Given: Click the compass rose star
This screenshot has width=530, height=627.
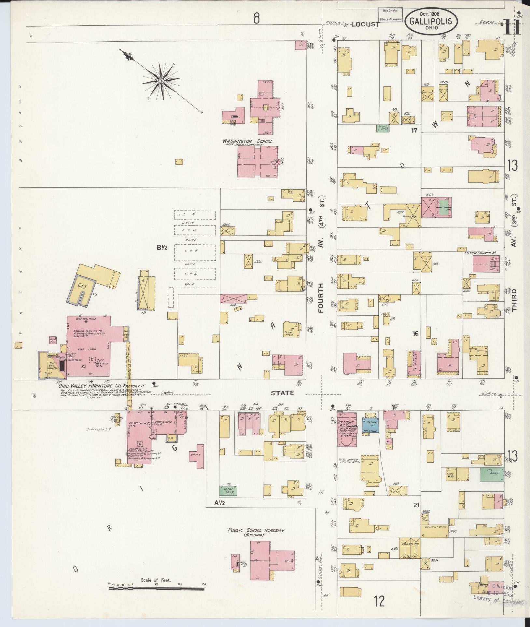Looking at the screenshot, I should pyautogui.click(x=161, y=80).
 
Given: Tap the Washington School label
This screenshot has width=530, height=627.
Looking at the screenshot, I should pyautogui.click(x=247, y=141).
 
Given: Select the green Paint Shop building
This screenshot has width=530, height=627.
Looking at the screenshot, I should pyautogui.click(x=383, y=128).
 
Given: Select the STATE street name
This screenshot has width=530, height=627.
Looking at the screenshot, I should pyautogui.click(x=283, y=393).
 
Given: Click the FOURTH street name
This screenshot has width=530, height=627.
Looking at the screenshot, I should pyautogui.click(x=321, y=298).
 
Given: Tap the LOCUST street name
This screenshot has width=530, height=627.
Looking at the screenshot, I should pyautogui.click(x=365, y=24).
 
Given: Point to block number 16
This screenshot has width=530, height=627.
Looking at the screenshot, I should pyautogui.click(x=415, y=334).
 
